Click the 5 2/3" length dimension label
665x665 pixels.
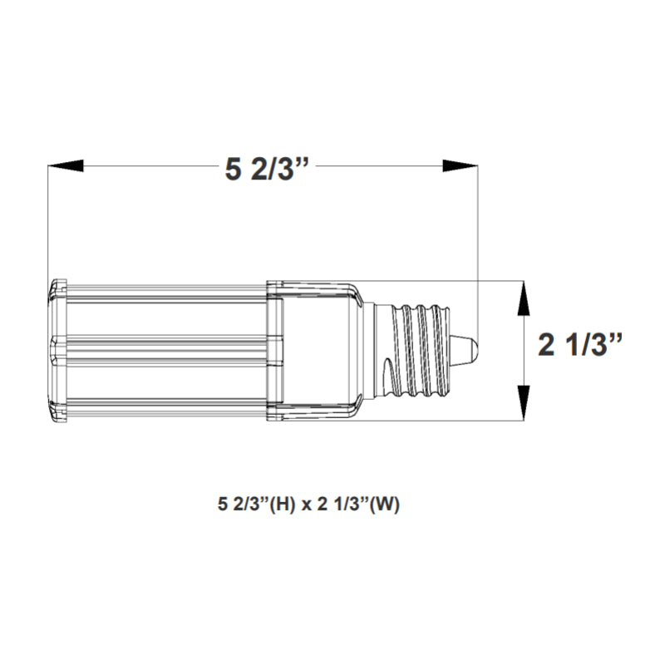click(x=264, y=169)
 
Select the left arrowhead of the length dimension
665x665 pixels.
click(x=66, y=165)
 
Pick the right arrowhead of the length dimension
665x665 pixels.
click(x=461, y=165)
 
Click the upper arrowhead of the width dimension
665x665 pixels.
click(x=525, y=298)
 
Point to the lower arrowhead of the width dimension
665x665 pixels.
click(x=525, y=403)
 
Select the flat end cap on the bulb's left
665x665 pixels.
click(x=58, y=350)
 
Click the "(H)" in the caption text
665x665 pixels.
click(x=283, y=505)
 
